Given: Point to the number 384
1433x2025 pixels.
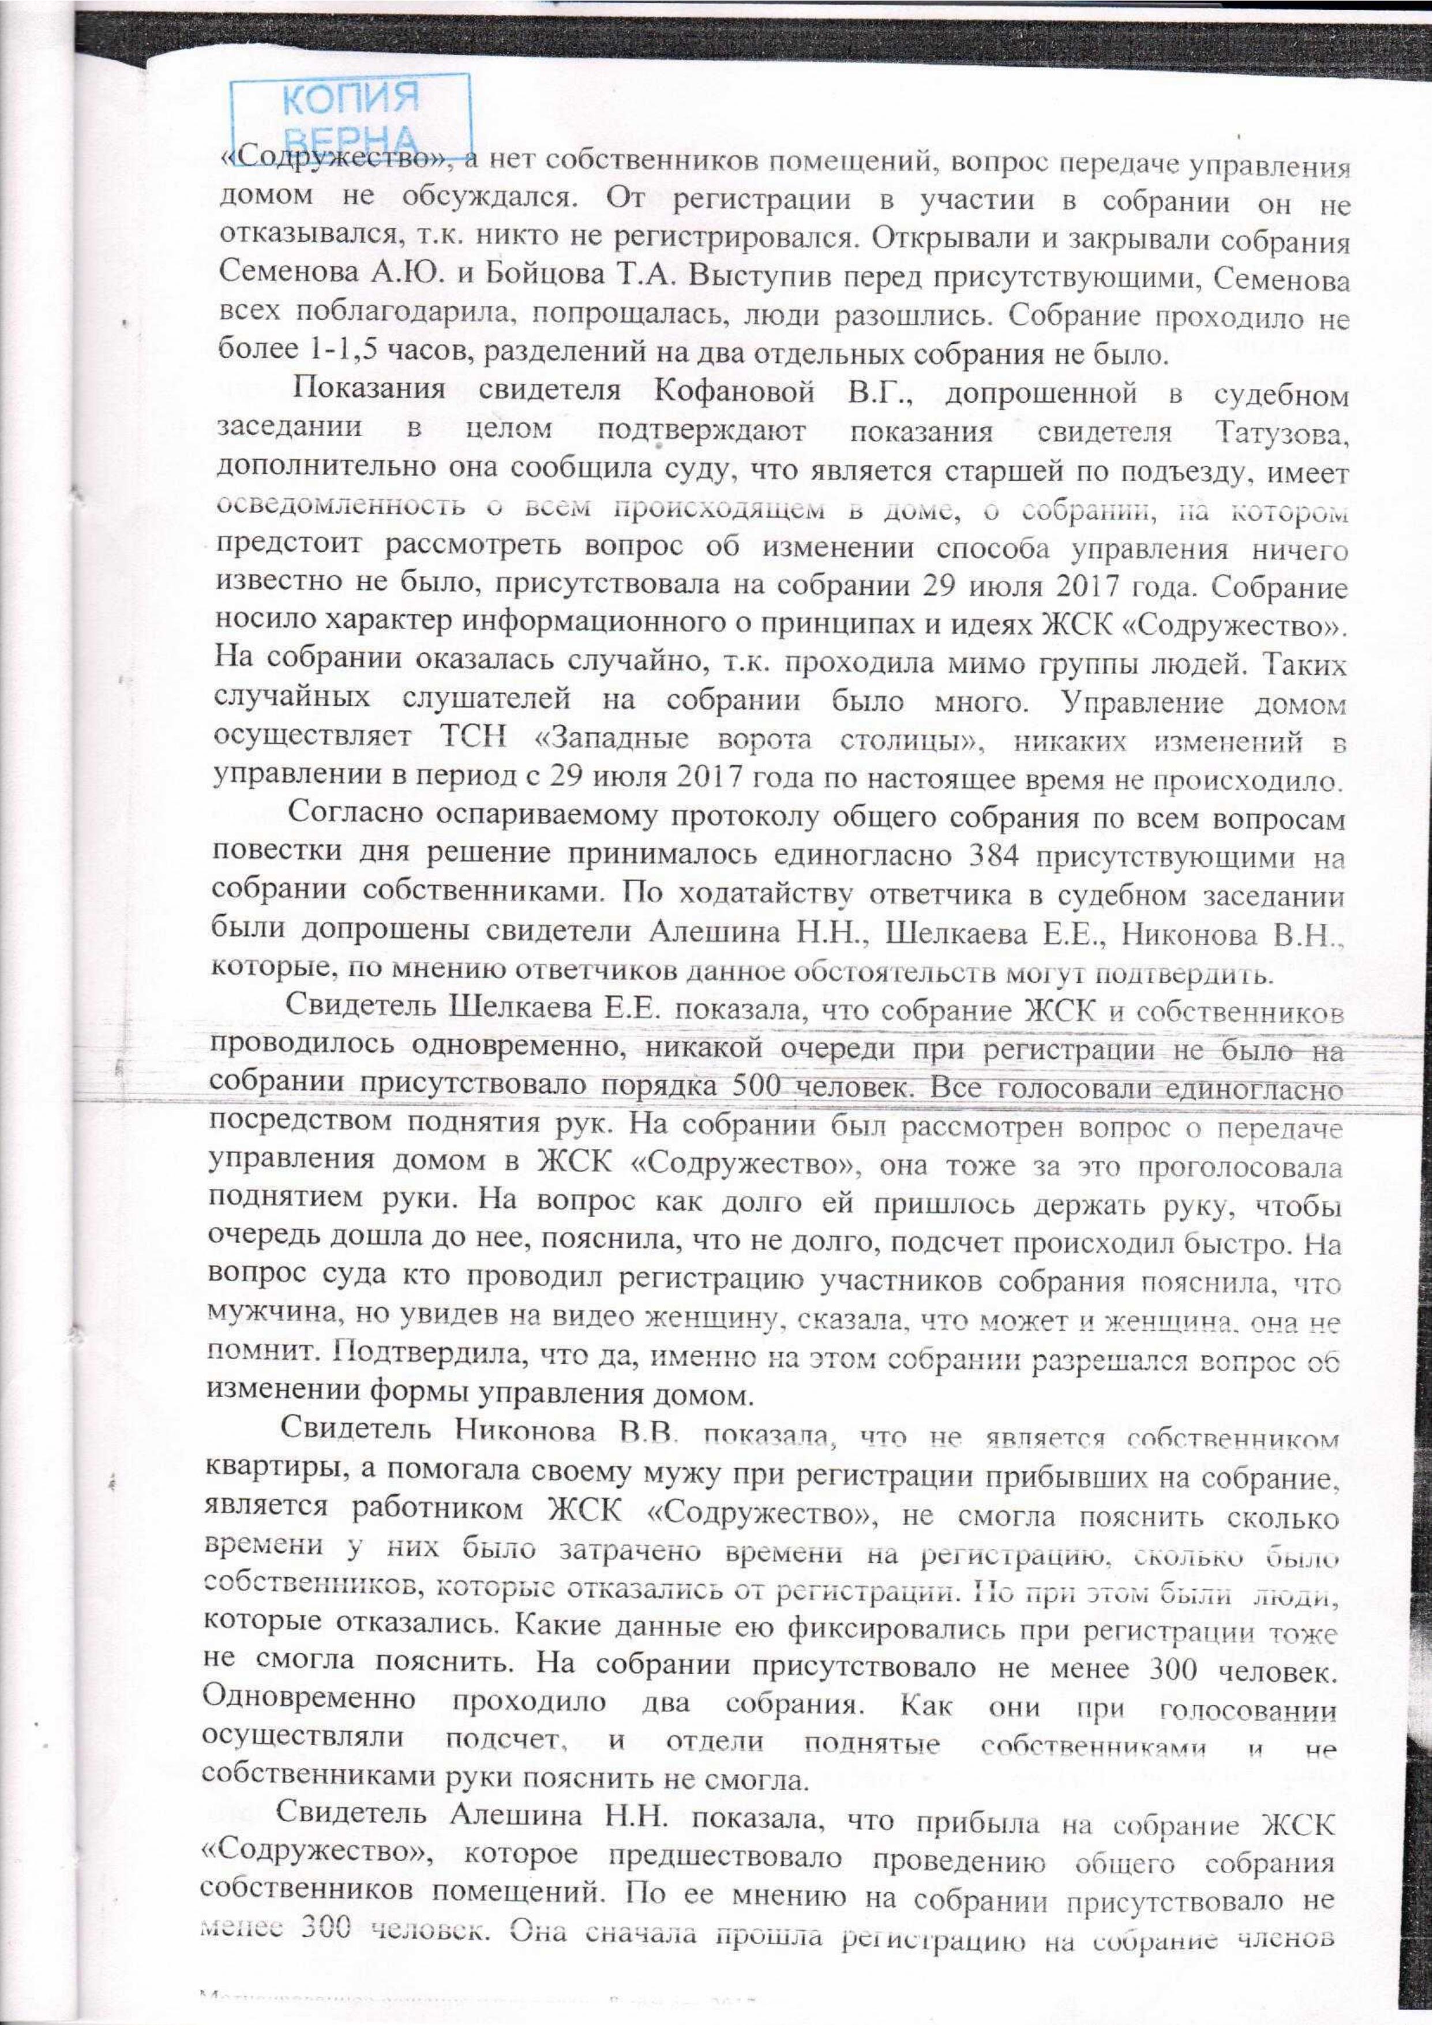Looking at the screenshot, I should point(996,856).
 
